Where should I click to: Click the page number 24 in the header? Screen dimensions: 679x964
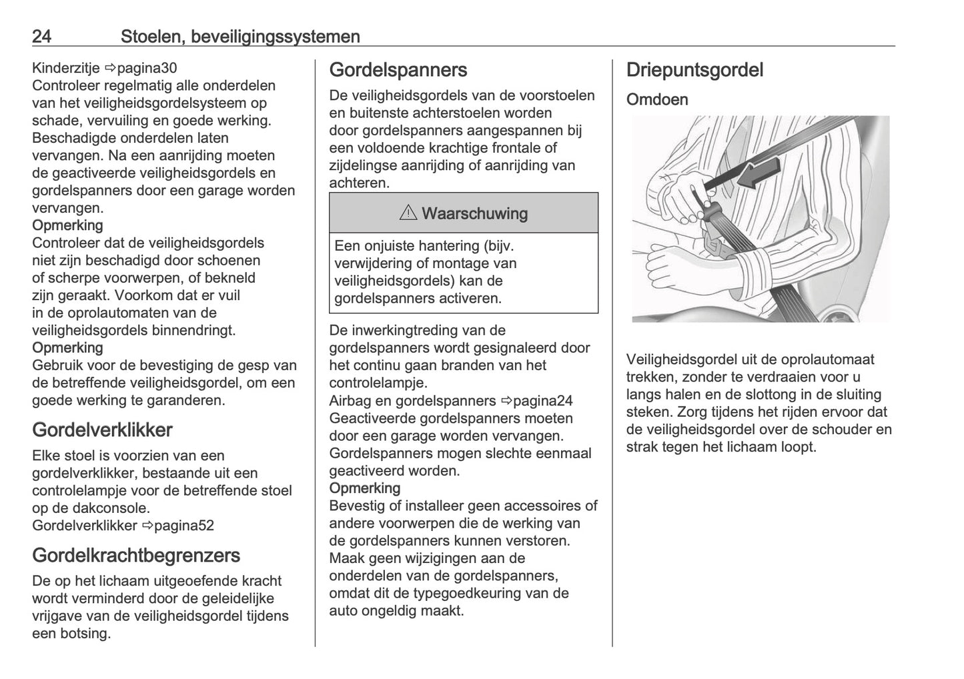tap(41, 37)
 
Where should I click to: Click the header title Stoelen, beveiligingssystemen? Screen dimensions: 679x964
tap(240, 37)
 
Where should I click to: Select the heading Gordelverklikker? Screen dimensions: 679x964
tap(102, 430)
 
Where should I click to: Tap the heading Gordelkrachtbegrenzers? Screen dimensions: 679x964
tap(136, 555)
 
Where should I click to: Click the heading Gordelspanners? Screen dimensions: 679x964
tap(398, 70)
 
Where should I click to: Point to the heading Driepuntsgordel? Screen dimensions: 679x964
tap(694, 70)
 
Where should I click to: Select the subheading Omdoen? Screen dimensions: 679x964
tap(657, 99)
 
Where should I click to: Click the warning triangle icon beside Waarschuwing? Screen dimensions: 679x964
tap(408, 213)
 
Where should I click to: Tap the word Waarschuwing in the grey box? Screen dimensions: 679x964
tap(474, 213)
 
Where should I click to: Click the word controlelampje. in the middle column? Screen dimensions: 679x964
tap(378, 383)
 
